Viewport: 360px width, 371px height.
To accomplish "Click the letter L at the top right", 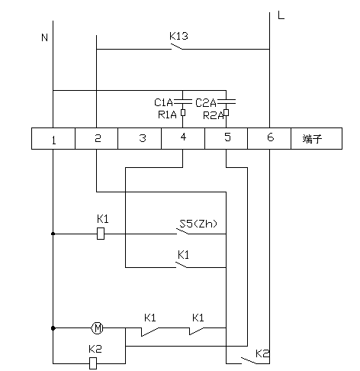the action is (281, 15).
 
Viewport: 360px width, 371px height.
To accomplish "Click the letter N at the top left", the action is (44, 37).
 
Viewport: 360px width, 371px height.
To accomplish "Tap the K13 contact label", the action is (178, 36).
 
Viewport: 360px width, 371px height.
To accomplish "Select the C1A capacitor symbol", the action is (182, 102).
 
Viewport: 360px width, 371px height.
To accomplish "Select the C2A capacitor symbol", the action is (227, 102).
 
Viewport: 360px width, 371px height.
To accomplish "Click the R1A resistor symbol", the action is (183, 112).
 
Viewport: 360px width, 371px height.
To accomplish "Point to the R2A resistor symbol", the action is (227, 112).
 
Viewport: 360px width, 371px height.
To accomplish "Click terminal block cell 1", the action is (53, 138).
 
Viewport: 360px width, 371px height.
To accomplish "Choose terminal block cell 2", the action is (97, 138).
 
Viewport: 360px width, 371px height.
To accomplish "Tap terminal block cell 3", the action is (140, 138).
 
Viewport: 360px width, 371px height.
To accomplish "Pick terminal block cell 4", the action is (183, 138).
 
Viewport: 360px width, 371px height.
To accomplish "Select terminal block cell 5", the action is (227, 138).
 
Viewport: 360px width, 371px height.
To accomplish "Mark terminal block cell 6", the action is (269, 138).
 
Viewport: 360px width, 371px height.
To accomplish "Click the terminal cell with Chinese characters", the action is (317, 138).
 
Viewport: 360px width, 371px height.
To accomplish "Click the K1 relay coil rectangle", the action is (101, 234).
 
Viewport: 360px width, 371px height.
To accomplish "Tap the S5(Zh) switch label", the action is (198, 224).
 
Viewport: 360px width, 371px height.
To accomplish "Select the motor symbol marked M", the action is (97, 328).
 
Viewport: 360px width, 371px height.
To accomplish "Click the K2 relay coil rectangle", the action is (93, 363).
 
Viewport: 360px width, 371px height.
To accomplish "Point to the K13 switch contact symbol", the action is (176, 47).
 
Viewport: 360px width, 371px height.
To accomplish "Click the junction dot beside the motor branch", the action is (53, 328).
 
